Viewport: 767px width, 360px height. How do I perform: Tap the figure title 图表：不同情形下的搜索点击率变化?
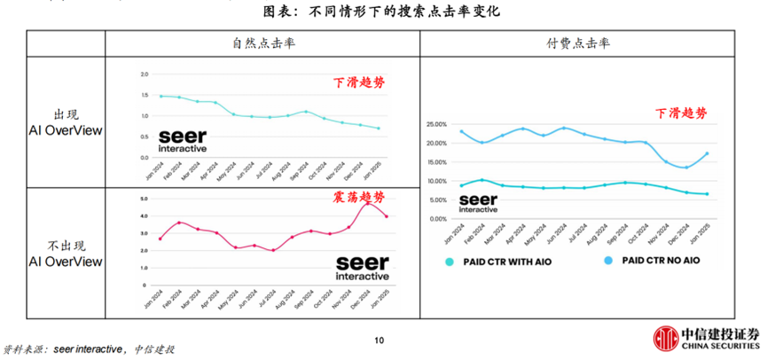382,12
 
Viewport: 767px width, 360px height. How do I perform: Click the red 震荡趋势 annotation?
358,197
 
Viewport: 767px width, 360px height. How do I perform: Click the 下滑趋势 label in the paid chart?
682,113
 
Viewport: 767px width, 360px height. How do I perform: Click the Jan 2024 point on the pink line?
160,239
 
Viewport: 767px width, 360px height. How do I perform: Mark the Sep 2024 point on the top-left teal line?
305,112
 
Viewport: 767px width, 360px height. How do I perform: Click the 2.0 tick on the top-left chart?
145,75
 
